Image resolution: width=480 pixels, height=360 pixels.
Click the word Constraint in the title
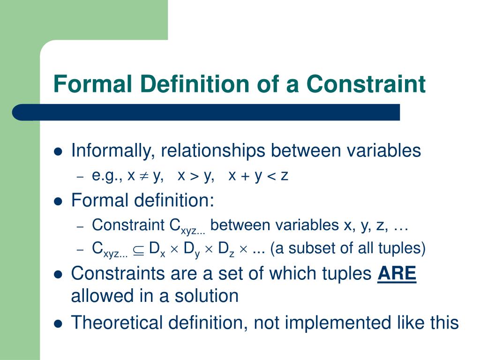pyautogui.click(x=366, y=83)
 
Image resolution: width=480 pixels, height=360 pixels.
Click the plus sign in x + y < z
pyautogui.click(x=245, y=177)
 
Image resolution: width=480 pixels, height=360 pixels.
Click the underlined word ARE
pyautogui.click(x=397, y=273)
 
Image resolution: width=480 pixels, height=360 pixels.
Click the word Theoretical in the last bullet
pyautogui.click(x=117, y=322)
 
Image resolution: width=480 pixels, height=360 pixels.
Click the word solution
pyautogui.click(x=206, y=296)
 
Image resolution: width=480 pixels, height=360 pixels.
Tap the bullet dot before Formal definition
pyautogui.click(x=58, y=202)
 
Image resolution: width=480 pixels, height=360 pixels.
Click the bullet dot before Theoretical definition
pyautogui.click(x=58, y=323)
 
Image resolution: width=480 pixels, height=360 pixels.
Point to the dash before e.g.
pyautogui.click(x=80, y=177)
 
